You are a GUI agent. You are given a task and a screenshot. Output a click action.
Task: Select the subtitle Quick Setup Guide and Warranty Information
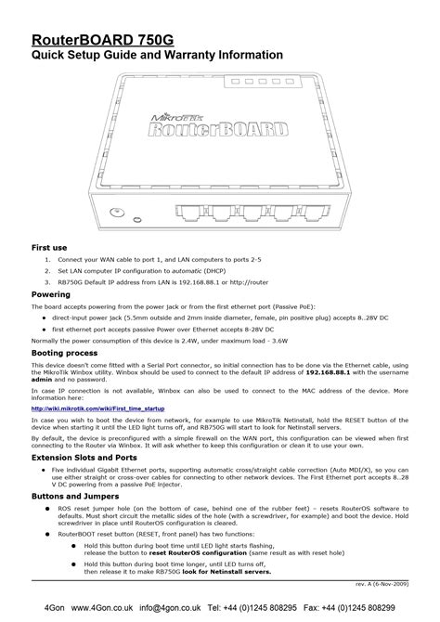(x=157, y=56)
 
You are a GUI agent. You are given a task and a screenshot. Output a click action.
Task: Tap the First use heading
(x=48, y=249)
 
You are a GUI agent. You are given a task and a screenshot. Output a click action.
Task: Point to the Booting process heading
(x=65, y=353)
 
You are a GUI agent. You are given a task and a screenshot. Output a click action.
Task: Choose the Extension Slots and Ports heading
(x=84, y=458)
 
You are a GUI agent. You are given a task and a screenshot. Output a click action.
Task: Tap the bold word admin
(x=42, y=380)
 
